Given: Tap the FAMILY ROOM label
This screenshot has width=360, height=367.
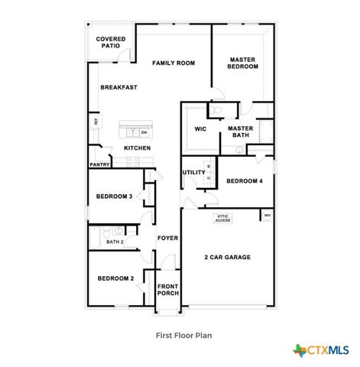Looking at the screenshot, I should click(x=173, y=63).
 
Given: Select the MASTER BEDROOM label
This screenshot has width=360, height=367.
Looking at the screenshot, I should click(x=243, y=63).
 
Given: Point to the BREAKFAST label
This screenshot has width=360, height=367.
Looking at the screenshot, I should click(x=119, y=87).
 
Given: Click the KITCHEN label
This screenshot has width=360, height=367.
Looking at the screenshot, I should click(x=137, y=148).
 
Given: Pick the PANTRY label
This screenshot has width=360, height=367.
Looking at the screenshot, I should click(x=99, y=164).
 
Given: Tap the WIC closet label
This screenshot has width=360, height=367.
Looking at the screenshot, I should click(x=201, y=128).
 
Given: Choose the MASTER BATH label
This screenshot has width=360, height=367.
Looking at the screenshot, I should click(x=240, y=132).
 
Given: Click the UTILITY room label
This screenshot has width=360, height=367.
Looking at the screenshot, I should click(x=193, y=172).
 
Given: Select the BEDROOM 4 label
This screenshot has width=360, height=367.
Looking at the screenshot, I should click(x=244, y=180).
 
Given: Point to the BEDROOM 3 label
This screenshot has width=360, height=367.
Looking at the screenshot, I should click(x=114, y=196).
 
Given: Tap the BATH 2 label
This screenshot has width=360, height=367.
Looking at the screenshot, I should click(x=115, y=242).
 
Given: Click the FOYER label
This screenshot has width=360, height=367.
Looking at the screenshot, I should click(x=167, y=238).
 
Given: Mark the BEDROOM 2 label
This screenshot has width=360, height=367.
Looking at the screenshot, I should click(x=115, y=278).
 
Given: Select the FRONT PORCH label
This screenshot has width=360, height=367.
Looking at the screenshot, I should click(x=167, y=290).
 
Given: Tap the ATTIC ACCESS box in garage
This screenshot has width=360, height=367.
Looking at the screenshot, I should click(x=222, y=218).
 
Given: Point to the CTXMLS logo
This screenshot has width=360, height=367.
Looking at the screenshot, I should click(x=322, y=350).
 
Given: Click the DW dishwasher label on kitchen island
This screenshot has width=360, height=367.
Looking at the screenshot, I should click(x=144, y=132).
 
